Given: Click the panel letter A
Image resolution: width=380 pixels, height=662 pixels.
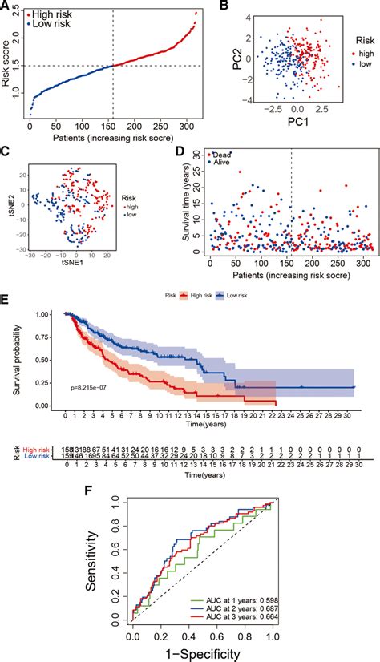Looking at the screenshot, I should click(x=6, y=6).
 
